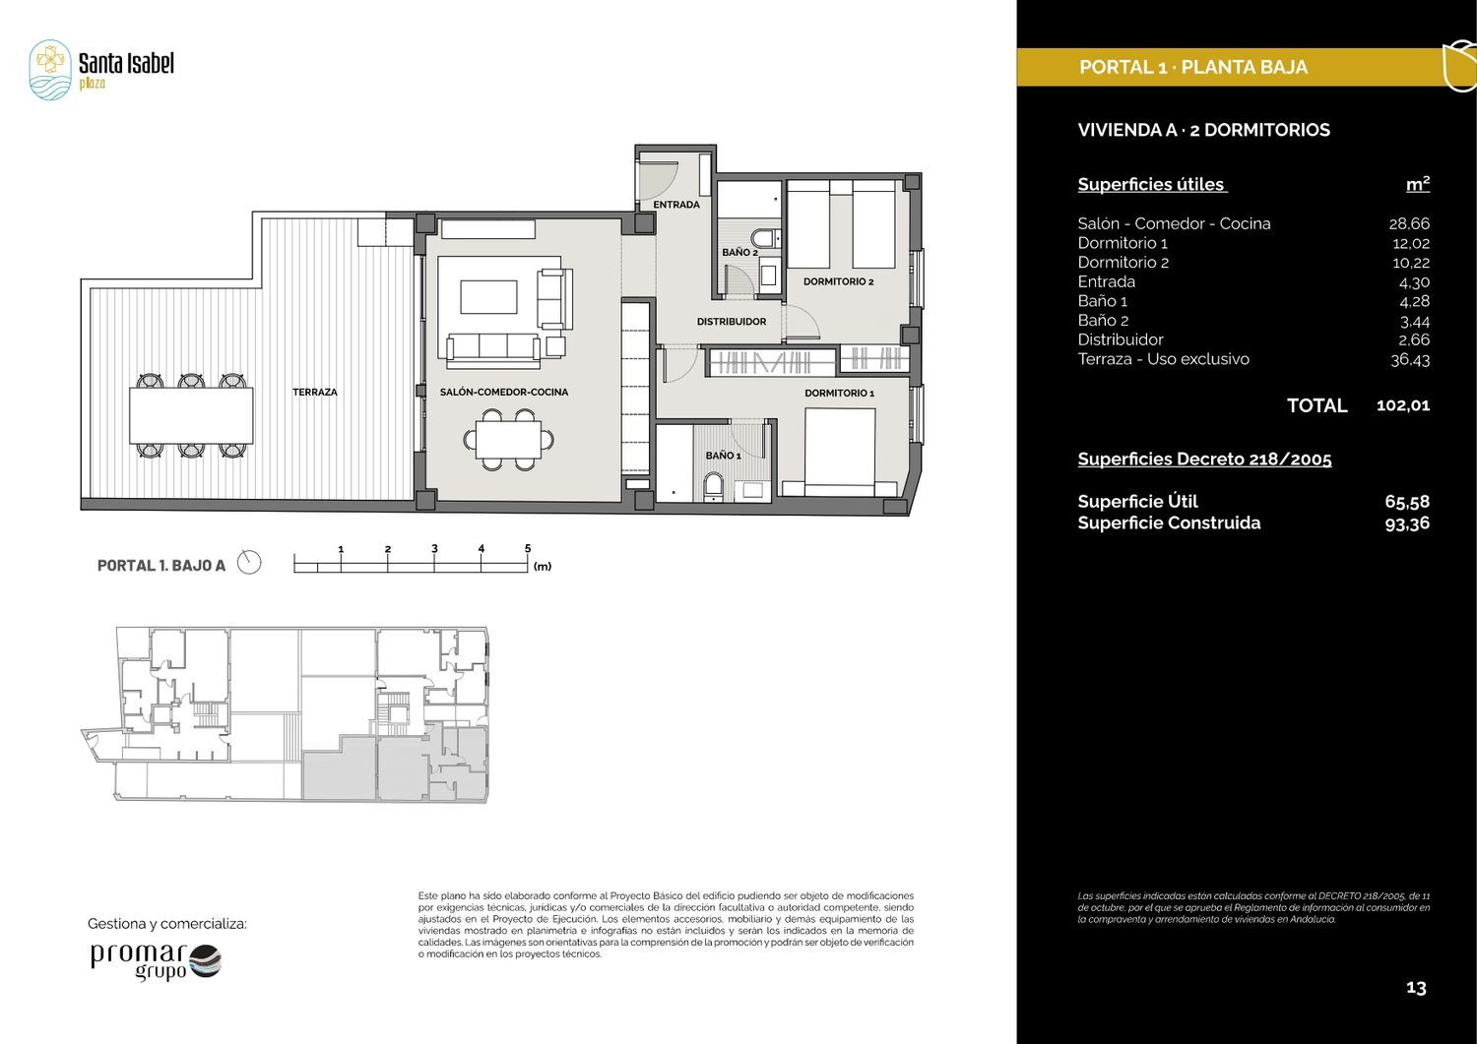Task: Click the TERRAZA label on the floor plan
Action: click(314, 393)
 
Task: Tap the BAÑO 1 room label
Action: click(724, 456)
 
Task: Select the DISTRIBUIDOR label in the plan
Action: click(732, 322)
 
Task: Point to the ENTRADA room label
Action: click(676, 205)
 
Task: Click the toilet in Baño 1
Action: click(714, 486)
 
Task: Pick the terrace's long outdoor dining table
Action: click(191, 415)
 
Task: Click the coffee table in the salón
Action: click(488, 296)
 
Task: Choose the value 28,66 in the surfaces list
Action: click(1409, 223)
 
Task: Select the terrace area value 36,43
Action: click(1410, 359)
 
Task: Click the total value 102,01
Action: click(1403, 405)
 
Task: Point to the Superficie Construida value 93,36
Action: click(1408, 523)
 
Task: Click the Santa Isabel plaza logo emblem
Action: click(50, 70)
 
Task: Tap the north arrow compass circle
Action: click(248, 562)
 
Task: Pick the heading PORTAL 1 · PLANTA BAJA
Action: click(1192, 67)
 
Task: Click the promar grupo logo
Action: click(156, 961)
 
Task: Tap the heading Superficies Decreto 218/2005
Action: click(1204, 459)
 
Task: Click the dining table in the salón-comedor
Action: click(508, 440)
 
